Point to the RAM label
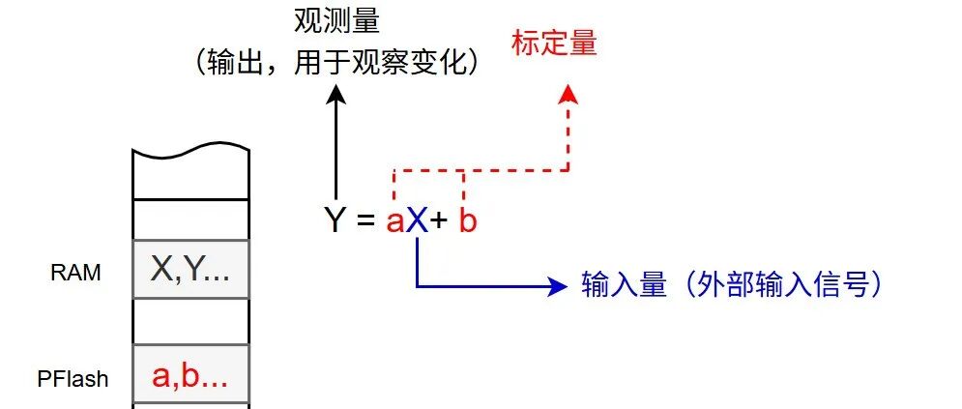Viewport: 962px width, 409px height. coord(75,273)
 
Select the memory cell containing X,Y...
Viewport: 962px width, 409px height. coord(190,271)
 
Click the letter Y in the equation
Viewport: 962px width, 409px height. coord(335,221)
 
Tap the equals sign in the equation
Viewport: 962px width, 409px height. coord(364,222)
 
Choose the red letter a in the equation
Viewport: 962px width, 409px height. coord(394,223)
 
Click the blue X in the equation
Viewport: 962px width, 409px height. coord(416,221)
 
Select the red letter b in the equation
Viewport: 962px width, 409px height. coord(467,221)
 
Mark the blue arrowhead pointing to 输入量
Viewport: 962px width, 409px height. coord(556,285)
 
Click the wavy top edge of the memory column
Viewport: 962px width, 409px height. coord(190,154)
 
